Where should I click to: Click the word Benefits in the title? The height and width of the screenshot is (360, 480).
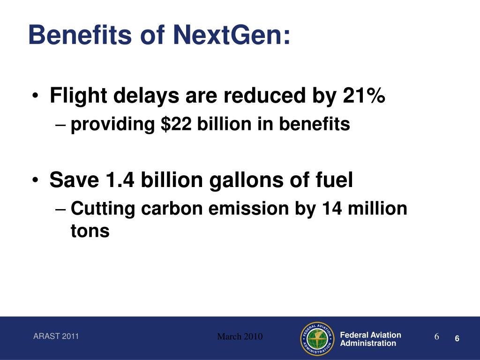point(80,35)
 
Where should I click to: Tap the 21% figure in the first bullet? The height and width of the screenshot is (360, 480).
point(364,95)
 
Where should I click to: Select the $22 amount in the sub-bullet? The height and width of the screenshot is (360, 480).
point(176,124)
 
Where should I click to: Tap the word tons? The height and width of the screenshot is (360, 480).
point(90,231)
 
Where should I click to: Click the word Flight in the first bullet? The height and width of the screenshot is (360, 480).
point(78,96)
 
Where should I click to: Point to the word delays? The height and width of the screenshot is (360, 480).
point(146,96)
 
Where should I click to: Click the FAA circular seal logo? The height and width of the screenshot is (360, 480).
point(317,339)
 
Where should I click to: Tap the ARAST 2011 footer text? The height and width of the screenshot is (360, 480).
point(56,336)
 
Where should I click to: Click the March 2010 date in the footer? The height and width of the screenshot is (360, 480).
point(240,337)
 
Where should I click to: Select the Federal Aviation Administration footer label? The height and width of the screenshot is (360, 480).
point(370,339)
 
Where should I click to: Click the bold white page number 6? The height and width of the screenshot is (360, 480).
point(457,338)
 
